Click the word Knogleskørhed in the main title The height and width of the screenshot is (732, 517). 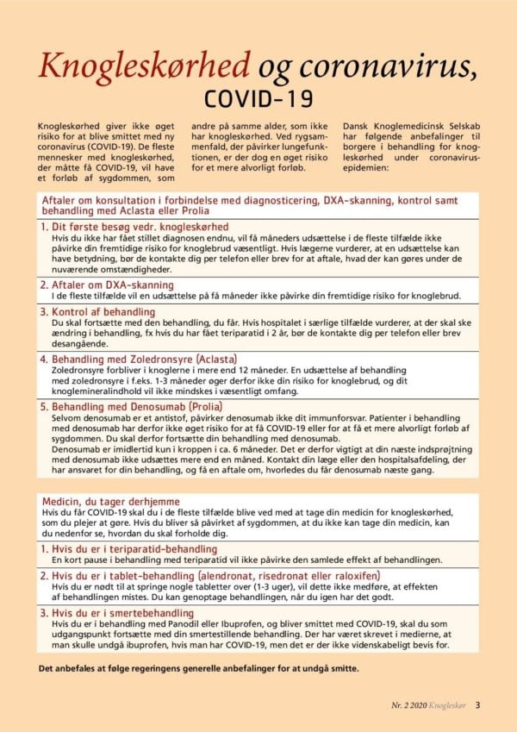(x=144, y=64)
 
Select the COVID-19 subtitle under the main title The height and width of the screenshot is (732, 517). (x=258, y=95)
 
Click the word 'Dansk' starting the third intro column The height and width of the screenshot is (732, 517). (x=357, y=124)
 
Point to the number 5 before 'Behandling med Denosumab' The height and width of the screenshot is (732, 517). (x=44, y=406)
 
